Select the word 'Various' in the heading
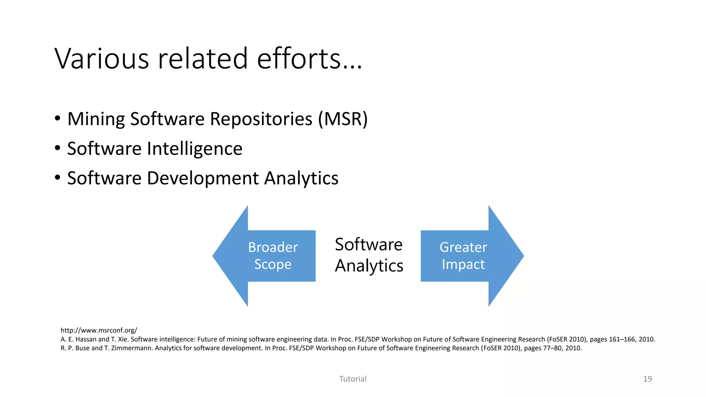click(102, 59)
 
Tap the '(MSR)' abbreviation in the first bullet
click(343, 119)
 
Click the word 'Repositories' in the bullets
click(261, 119)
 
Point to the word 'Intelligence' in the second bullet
click(194, 149)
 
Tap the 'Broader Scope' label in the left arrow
click(273, 256)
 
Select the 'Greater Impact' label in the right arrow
click(463, 256)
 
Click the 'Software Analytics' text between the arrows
click(369, 255)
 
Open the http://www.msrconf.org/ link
click(99, 330)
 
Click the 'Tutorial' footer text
click(353, 379)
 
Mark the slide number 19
click(647, 379)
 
